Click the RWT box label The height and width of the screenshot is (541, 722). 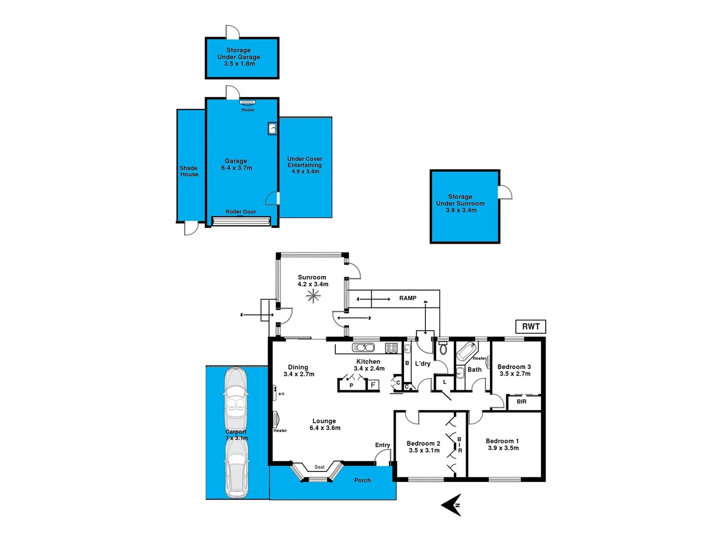(531, 327)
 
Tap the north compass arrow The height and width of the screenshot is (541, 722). (452, 504)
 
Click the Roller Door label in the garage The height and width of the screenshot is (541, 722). (240, 212)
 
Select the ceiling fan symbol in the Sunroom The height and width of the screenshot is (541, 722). (313, 296)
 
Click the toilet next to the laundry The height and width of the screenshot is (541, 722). (443, 348)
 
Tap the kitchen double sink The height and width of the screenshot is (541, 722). (363, 348)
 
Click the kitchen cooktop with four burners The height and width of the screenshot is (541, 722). (391, 348)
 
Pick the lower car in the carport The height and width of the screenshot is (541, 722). (236, 469)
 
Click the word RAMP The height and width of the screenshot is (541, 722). (408, 298)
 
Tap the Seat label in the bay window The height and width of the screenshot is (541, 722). (319, 467)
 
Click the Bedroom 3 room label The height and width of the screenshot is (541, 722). (514, 367)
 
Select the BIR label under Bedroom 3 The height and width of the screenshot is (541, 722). (522, 402)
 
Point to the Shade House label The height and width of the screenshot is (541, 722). (189, 171)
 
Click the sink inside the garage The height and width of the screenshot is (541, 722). (272, 129)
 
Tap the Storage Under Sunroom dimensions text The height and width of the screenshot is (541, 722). (461, 210)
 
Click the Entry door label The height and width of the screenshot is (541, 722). (382, 445)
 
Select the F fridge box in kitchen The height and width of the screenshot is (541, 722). (373, 385)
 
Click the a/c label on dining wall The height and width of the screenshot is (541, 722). (281, 394)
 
